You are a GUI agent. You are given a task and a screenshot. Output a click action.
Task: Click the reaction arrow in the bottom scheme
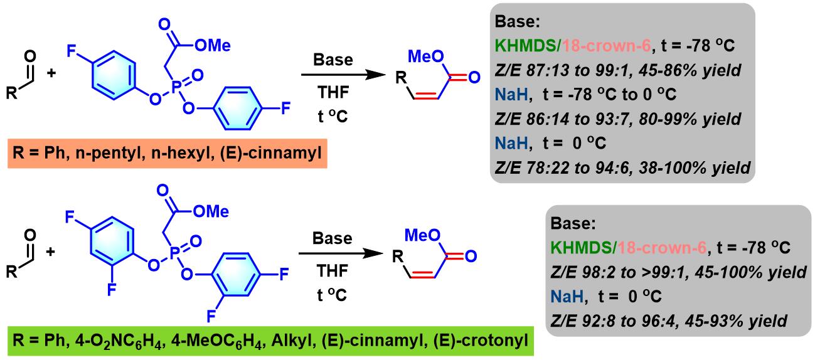(x=343, y=255)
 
